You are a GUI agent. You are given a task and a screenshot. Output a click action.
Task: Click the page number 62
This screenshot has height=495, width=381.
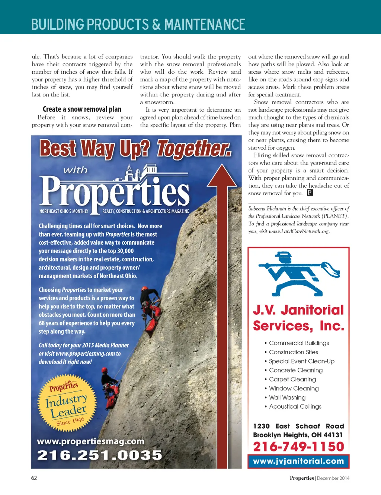34,478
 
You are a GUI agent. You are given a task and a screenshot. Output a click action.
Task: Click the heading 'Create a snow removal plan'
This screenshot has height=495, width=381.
82,109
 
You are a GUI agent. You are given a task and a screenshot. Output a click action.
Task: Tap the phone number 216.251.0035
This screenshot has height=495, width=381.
100,455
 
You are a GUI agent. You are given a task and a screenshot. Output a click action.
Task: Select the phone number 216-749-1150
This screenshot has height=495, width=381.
298,446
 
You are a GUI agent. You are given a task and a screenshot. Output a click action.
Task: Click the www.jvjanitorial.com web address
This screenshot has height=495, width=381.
298,461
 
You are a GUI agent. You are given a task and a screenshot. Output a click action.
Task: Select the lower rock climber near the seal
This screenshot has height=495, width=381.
111,389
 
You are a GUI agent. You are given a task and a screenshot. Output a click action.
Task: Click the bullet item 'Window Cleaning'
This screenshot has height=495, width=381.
294,388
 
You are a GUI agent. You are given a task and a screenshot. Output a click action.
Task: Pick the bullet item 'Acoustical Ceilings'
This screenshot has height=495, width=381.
295,406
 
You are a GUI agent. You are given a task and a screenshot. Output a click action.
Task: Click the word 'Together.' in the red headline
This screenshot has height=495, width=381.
193,149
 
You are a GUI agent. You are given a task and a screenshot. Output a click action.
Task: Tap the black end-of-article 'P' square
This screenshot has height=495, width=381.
310,193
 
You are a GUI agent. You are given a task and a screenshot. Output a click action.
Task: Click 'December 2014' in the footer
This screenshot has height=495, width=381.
333,478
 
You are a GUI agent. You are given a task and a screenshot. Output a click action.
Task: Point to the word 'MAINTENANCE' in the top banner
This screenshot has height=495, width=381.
205,25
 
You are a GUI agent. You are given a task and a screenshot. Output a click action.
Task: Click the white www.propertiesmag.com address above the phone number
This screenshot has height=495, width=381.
91,441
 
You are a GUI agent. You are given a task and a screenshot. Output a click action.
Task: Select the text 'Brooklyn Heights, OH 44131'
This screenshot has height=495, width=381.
298,435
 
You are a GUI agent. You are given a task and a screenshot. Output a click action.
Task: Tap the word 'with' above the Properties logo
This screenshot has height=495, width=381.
76,170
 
